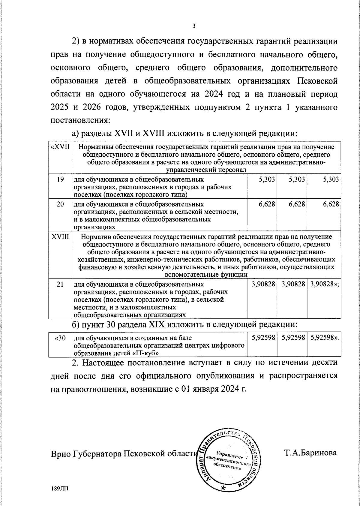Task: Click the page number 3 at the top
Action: tap(194, 26)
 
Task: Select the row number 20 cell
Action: tap(60, 204)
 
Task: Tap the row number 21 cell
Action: tap(60, 284)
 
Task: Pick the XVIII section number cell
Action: tap(60, 237)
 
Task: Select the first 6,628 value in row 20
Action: tap(267, 204)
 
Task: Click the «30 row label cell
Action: tap(60, 338)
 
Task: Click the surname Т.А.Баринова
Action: tap(310, 453)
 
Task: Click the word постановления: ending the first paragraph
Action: tap(80, 120)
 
